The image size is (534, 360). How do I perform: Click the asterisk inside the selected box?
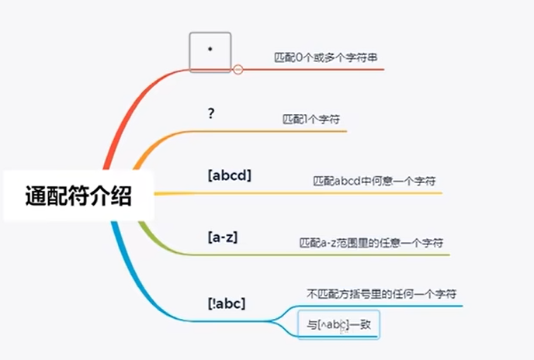coord(210,49)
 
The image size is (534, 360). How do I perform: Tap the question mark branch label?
coord(211,113)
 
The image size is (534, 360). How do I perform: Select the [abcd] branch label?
coord(230,175)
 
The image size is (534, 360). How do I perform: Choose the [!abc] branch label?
coord(227,303)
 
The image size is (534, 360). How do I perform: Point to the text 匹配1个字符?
coord(311,120)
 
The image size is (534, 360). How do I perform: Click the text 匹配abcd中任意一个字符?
coord(373,181)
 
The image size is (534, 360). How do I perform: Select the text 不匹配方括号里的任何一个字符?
coord(381,294)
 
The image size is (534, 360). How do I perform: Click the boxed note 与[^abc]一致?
coord(338,325)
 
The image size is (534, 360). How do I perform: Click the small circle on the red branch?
coord(238,69)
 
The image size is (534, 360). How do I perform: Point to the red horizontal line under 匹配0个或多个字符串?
coord(326,69)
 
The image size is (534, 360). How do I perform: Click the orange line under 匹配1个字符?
coord(295,131)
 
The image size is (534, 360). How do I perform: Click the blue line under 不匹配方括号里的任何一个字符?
coord(388,305)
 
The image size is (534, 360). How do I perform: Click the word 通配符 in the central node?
coord(58,196)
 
